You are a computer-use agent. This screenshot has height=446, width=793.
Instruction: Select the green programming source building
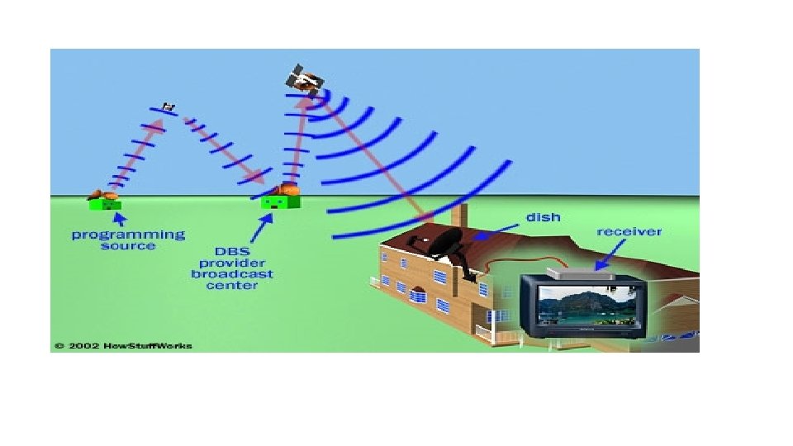106,202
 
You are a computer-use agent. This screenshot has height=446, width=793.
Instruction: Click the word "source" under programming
128,246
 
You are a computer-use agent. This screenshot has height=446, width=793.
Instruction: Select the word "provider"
232,262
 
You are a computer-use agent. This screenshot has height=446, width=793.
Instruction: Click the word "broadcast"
232,273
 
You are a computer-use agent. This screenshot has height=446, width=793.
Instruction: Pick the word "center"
232,286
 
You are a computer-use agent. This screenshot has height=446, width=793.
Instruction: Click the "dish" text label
543,217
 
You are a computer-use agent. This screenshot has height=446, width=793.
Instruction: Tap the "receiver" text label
629,232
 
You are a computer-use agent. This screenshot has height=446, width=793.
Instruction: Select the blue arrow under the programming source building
119,219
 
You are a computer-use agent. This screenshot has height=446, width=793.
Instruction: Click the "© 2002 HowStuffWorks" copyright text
123,345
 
